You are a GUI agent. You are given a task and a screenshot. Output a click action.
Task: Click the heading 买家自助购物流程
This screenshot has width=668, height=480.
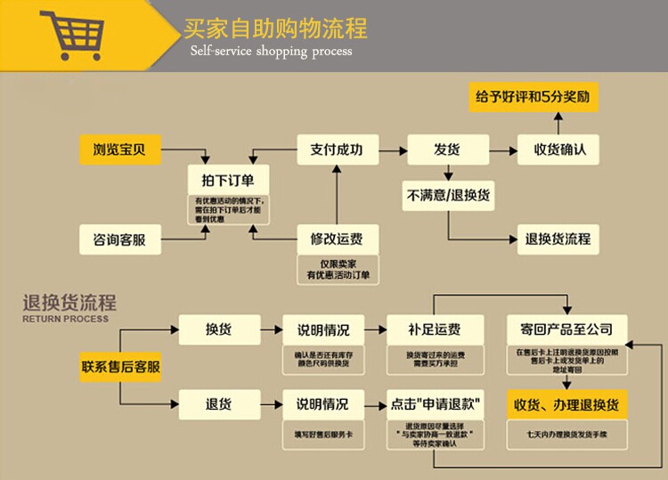[275, 28]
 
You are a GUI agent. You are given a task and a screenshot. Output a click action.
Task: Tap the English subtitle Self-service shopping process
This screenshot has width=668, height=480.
[271, 51]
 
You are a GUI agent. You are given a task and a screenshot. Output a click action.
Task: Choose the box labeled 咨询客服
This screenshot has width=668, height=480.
[119, 240]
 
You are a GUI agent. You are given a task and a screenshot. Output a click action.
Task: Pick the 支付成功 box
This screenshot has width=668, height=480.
[336, 149]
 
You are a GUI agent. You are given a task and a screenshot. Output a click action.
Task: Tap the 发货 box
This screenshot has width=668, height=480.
[447, 149]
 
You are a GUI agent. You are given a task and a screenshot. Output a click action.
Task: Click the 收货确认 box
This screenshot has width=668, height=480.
[560, 149]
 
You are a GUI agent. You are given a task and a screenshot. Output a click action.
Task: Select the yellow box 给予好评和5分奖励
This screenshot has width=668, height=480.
[533, 95]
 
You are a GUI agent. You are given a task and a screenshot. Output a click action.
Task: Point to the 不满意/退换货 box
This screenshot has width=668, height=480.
[447, 195]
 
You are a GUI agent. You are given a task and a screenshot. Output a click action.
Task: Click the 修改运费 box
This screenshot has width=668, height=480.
[336, 239]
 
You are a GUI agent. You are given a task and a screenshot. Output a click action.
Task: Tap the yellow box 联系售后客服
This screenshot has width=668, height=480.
[121, 367]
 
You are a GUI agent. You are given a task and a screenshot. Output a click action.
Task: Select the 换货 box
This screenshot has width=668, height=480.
[219, 329]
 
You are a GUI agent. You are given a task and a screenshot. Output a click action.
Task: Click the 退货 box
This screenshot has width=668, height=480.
[219, 403]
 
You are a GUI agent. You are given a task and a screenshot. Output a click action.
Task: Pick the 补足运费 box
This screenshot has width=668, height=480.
[436, 329]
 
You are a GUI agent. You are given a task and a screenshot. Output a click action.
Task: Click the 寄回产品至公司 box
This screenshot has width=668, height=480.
[566, 329]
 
